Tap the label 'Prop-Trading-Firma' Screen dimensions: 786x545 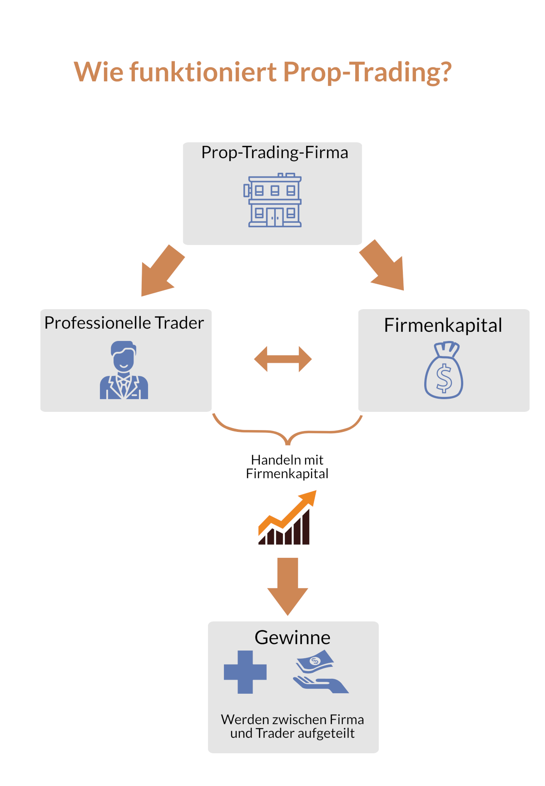coord(274,153)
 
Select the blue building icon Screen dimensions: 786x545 coord(273,200)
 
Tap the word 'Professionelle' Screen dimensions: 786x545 coord(97,323)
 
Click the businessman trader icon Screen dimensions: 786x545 coord(124,370)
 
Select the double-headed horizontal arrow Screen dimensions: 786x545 coord(282,359)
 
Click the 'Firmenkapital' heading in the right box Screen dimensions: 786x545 coord(443,325)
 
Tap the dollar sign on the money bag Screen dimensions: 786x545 coord(444,378)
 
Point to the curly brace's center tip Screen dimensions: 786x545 coord(287,442)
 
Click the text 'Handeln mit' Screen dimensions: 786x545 coord(287,460)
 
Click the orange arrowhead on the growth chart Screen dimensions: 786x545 coord(309,497)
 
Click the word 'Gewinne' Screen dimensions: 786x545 coord(292,638)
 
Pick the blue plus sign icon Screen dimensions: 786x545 coord(245,672)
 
